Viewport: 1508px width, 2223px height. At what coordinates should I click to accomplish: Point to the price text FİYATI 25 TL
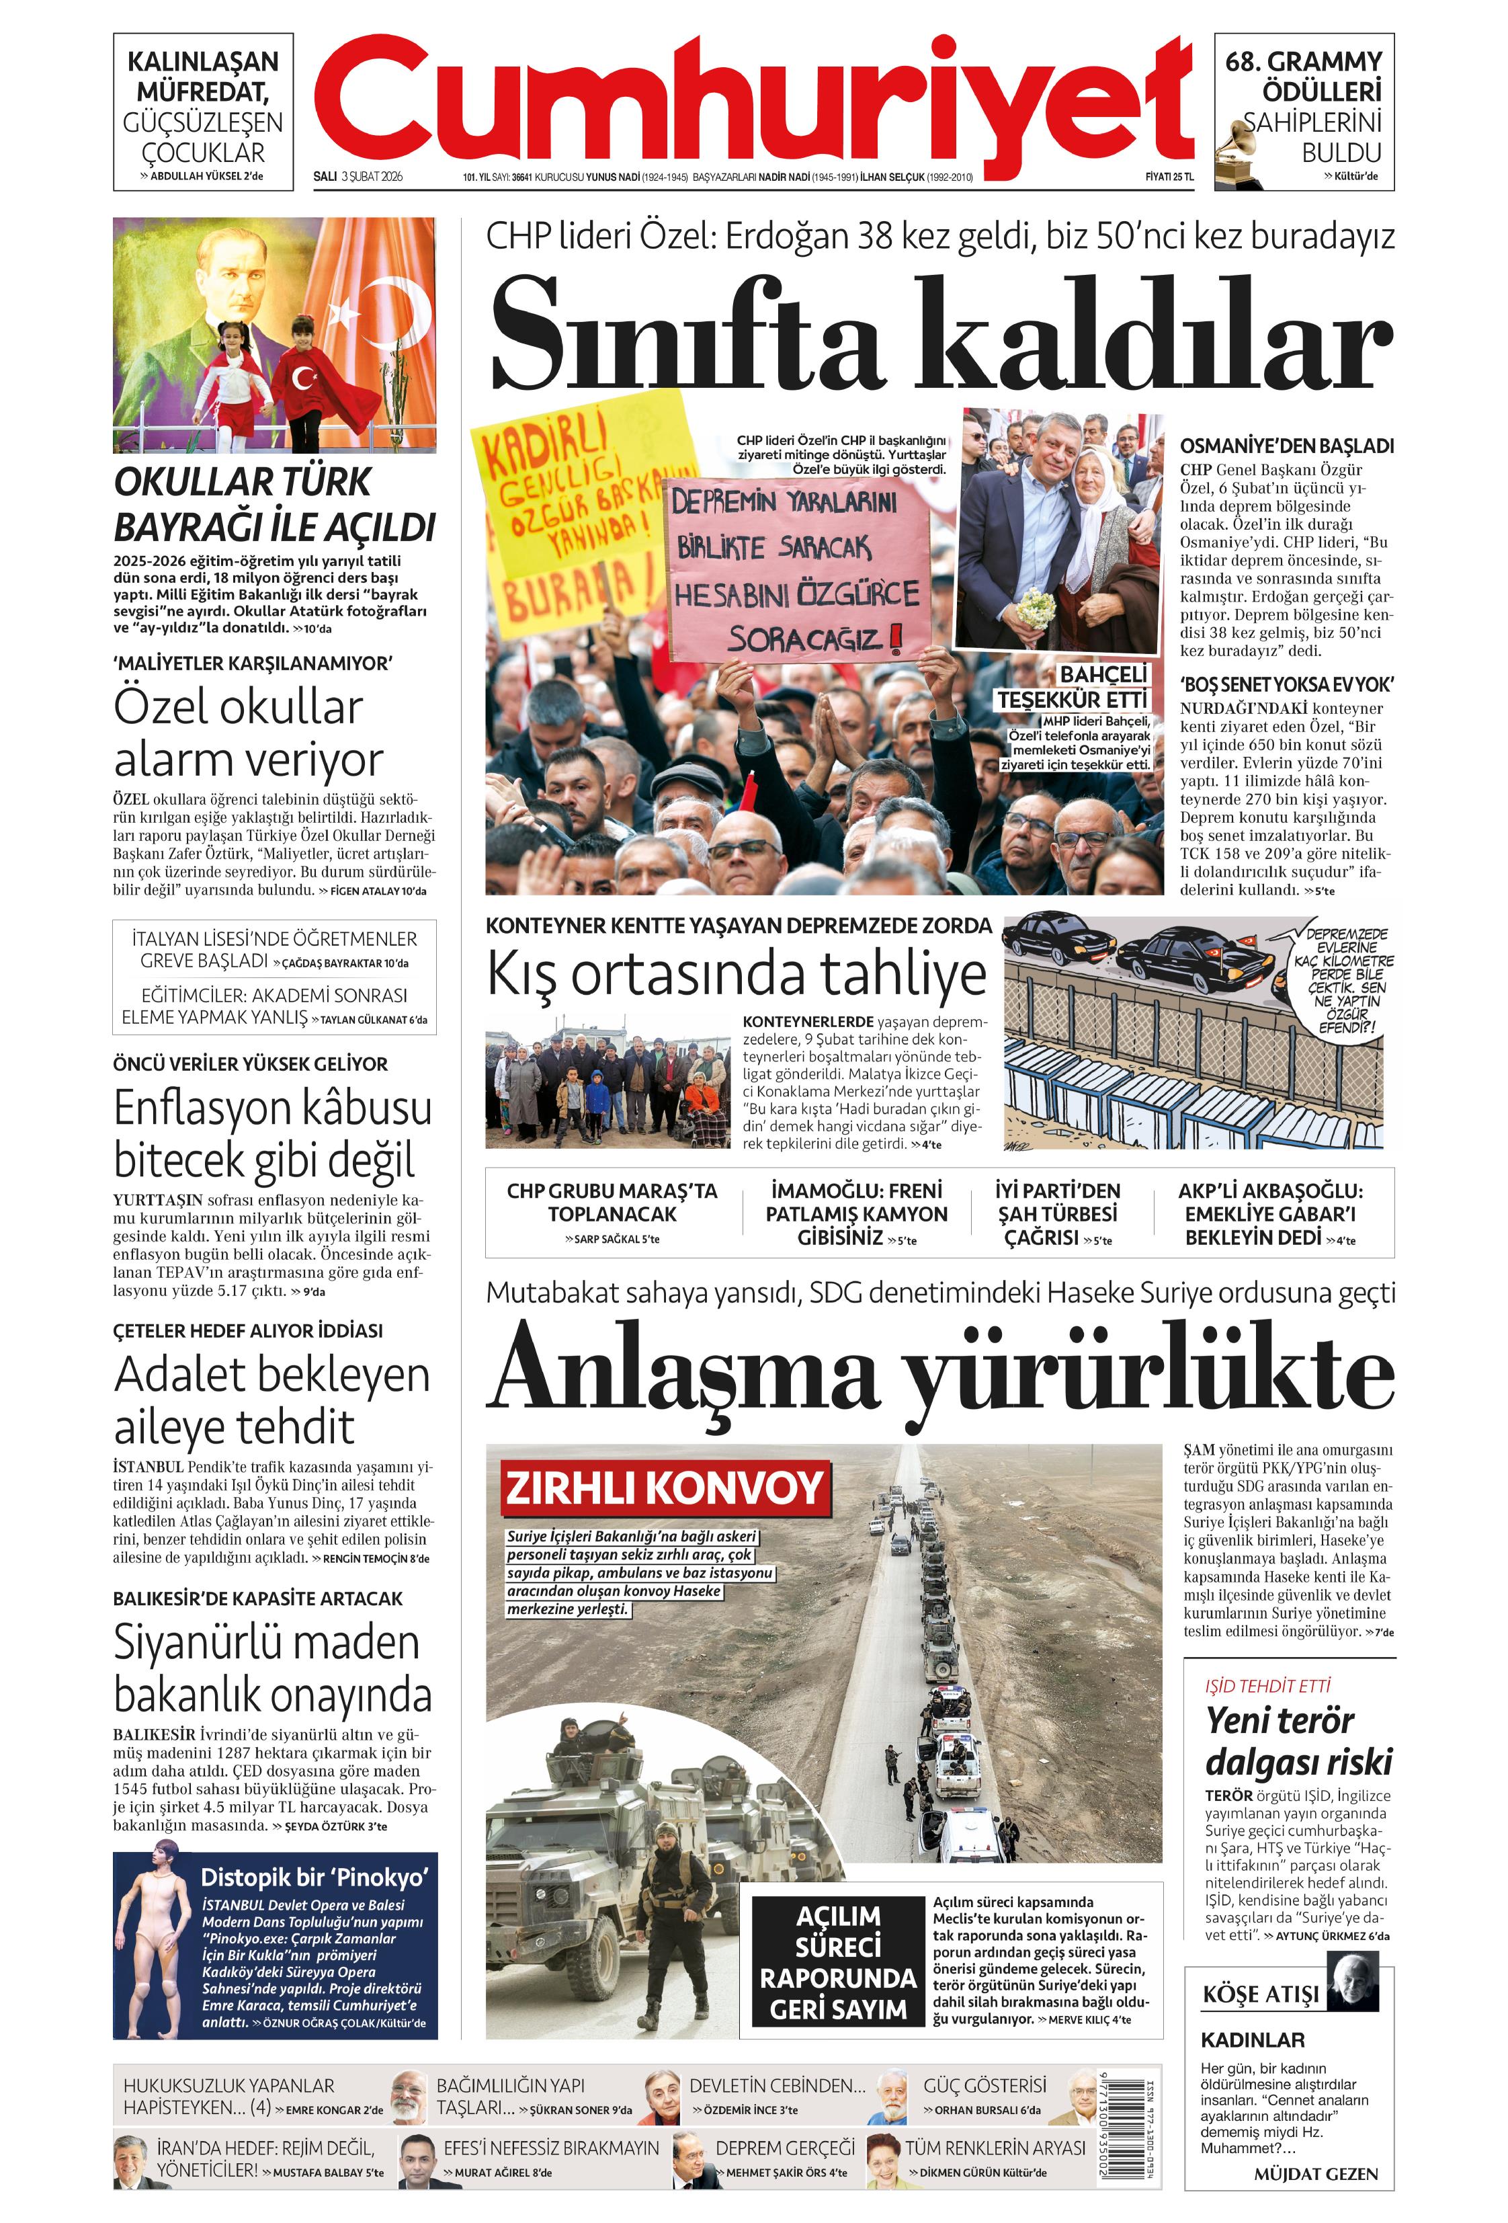[x=1169, y=177]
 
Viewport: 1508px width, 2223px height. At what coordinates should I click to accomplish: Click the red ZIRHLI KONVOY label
[x=665, y=1488]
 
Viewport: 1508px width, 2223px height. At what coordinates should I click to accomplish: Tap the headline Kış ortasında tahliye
[x=737, y=974]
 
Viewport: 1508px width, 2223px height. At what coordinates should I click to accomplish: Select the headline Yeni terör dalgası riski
[x=1298, y=1740]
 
